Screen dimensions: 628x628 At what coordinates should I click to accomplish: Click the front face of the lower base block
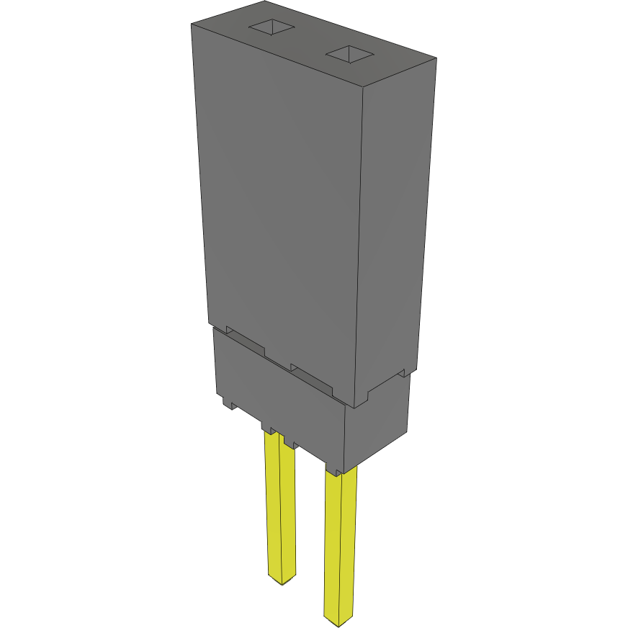(281, 400)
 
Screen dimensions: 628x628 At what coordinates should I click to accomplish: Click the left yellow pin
(281, 504)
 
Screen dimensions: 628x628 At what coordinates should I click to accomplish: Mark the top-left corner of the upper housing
(192, 24)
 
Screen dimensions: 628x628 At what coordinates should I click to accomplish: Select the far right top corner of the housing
(436, 58)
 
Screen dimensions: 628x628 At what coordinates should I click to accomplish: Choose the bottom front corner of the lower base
(345, 470)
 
